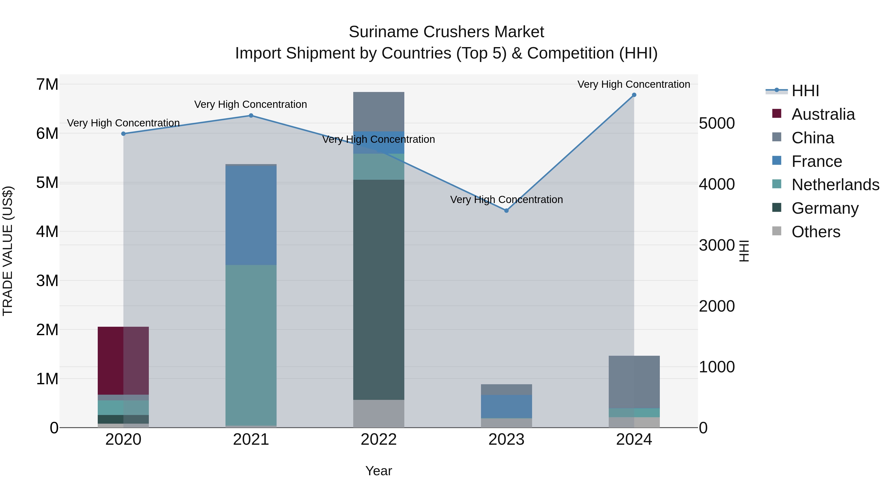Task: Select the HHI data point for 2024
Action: pos(634,95)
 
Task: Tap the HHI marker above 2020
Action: pos(124,134)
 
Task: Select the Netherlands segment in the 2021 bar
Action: pos(251,345)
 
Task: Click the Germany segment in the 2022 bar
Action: pos(379,290)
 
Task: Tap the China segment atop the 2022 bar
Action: pos(379,112)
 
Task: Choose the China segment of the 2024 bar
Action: pos(634,382)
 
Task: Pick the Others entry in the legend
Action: pos(816,232)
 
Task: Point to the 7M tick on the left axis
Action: pos(47,85)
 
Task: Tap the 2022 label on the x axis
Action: pos(379,440)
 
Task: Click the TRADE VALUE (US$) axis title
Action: pos(8,251)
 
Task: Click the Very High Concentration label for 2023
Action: pos(506,200)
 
